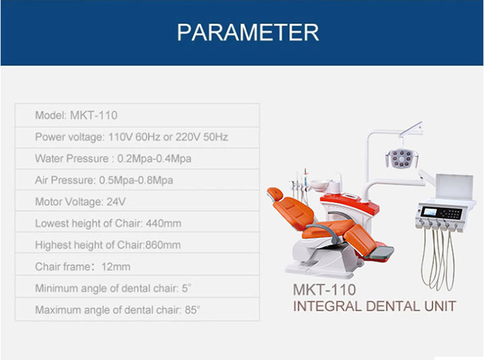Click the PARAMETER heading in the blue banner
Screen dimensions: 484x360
pos(248,32)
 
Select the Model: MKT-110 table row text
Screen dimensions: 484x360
pos(76,115)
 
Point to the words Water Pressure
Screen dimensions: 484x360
pos(72,158)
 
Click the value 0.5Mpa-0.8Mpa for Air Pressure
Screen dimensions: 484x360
pos(136,180)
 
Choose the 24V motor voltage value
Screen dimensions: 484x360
pos(116,202)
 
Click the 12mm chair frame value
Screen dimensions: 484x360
pos(116,267)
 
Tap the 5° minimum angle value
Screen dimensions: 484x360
pos(186,288)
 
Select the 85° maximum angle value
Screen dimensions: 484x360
pos(193,310)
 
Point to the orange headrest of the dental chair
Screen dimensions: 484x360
pos(276,193)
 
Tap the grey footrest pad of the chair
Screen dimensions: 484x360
pos(382,252)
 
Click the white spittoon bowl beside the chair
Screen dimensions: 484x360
pos(319,186)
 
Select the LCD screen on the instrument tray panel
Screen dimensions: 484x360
pos(429,213)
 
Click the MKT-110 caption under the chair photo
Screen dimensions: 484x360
pos(324,289)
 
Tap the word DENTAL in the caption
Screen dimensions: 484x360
pos(393,307)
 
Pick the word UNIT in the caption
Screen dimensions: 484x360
pos(440,307)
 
